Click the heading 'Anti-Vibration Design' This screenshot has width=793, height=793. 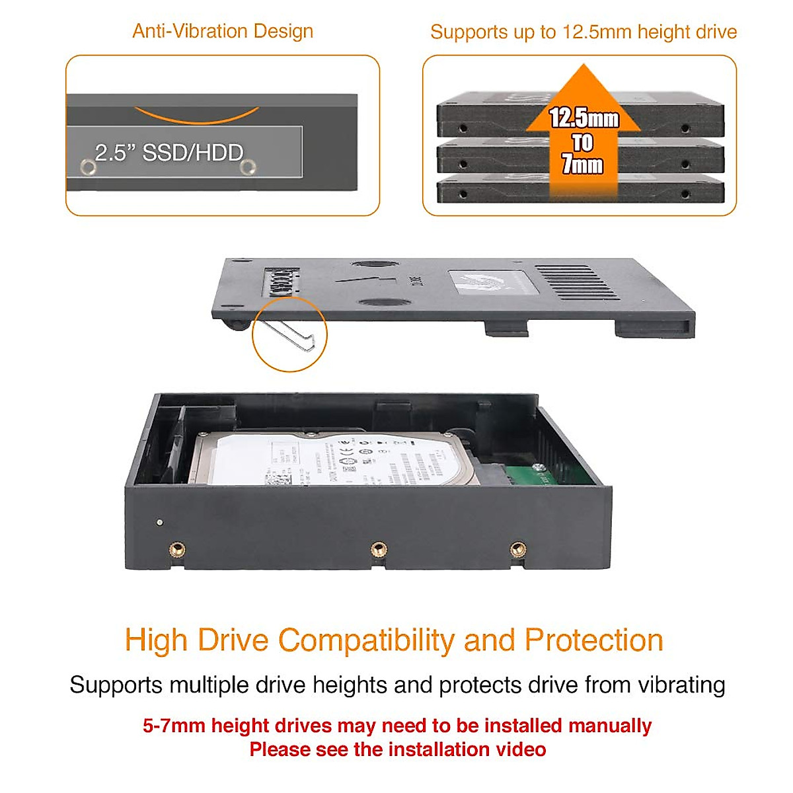pyautogui.click(x=223, y=31)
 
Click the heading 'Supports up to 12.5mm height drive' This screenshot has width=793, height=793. pyautogui.click(x=584, y=32)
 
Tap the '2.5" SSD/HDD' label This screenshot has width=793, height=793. pyautogui.click(x=169, y=153)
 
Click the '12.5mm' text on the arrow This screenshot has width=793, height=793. pyautogui.click(x=584, y=118)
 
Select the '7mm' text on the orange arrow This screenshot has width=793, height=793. pyautogui.click(x=582, y=165)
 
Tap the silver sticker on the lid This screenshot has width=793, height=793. pyautogui.click(x=488, y=282)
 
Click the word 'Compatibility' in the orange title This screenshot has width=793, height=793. pyautogui.click(x=365, y=640)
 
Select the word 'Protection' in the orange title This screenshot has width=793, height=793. pyautogui.click(x=593, y=640)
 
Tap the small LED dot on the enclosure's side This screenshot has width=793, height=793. pyautogui.click(x=159, y=523)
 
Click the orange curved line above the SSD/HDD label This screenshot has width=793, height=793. pyautogui.click(x=196, y=117)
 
